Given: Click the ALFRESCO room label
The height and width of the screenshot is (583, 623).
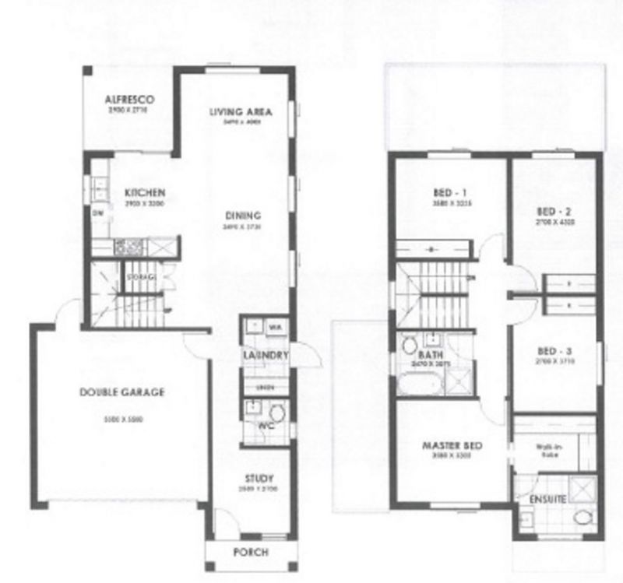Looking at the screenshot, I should [132, 100].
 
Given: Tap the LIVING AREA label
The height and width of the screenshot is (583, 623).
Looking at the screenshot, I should [240, 111].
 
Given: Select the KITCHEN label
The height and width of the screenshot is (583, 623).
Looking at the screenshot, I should [144, 192].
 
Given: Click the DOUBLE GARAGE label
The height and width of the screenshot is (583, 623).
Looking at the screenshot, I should [122, 392].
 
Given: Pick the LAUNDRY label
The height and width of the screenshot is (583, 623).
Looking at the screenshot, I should [266, 356].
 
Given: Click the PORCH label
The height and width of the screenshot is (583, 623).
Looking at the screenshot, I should [251, 552].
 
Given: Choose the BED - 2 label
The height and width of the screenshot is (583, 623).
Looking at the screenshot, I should [555, 211].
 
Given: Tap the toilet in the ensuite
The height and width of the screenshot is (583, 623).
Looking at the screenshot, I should [581, 518].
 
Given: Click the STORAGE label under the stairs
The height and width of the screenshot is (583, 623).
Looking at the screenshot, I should [141, 277].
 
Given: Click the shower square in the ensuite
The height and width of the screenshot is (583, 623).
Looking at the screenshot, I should [581, 488].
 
